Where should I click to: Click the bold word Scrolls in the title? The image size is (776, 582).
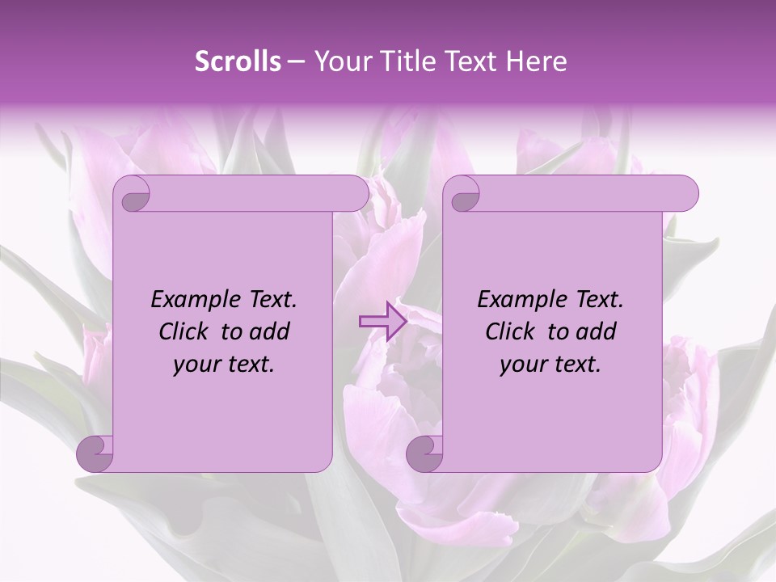point(238,61)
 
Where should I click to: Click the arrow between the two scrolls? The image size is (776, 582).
point(381,321)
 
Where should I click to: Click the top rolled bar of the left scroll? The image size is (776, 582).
point(251,193)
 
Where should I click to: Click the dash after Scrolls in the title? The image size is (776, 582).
point(296,61)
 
